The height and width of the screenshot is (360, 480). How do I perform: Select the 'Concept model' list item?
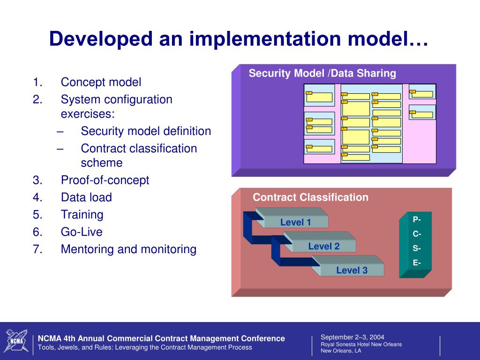click(x=101, y=82)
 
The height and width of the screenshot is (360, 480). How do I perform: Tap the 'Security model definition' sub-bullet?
click(x=146, y=131)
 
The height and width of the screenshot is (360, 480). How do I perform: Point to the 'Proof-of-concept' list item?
click(x=105, y=180)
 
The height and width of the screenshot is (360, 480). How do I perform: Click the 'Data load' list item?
click(x=86, y=197)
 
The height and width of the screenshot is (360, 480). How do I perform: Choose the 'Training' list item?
click(x=82, y=215)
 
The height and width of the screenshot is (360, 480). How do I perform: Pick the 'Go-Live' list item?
click(x=82, y=232)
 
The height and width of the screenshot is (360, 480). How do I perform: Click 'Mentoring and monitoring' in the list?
click(x=128, y=249)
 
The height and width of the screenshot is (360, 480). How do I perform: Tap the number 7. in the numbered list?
click(x=38, y=249)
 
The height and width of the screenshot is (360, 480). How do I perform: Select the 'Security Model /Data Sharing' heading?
click(x=322, y=73)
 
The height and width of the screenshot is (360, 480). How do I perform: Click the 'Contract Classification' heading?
click(x=310, y=197)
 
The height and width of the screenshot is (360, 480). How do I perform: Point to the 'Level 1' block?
click(x=295, y=222)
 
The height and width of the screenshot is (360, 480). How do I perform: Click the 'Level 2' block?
click(x=323, y=246)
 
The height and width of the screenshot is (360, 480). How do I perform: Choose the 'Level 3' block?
click(x=352, y=270)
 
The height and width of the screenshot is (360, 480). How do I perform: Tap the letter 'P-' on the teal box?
click(x=416, y=219)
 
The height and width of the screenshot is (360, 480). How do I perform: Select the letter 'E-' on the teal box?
click(x=416, y=263)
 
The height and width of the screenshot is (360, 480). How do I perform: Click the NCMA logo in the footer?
click(x=17, y=341)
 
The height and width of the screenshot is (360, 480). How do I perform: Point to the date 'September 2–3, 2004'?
click(x=352, y=337)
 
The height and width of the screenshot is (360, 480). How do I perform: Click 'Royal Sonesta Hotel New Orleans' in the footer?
click(x=361, y=345)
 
